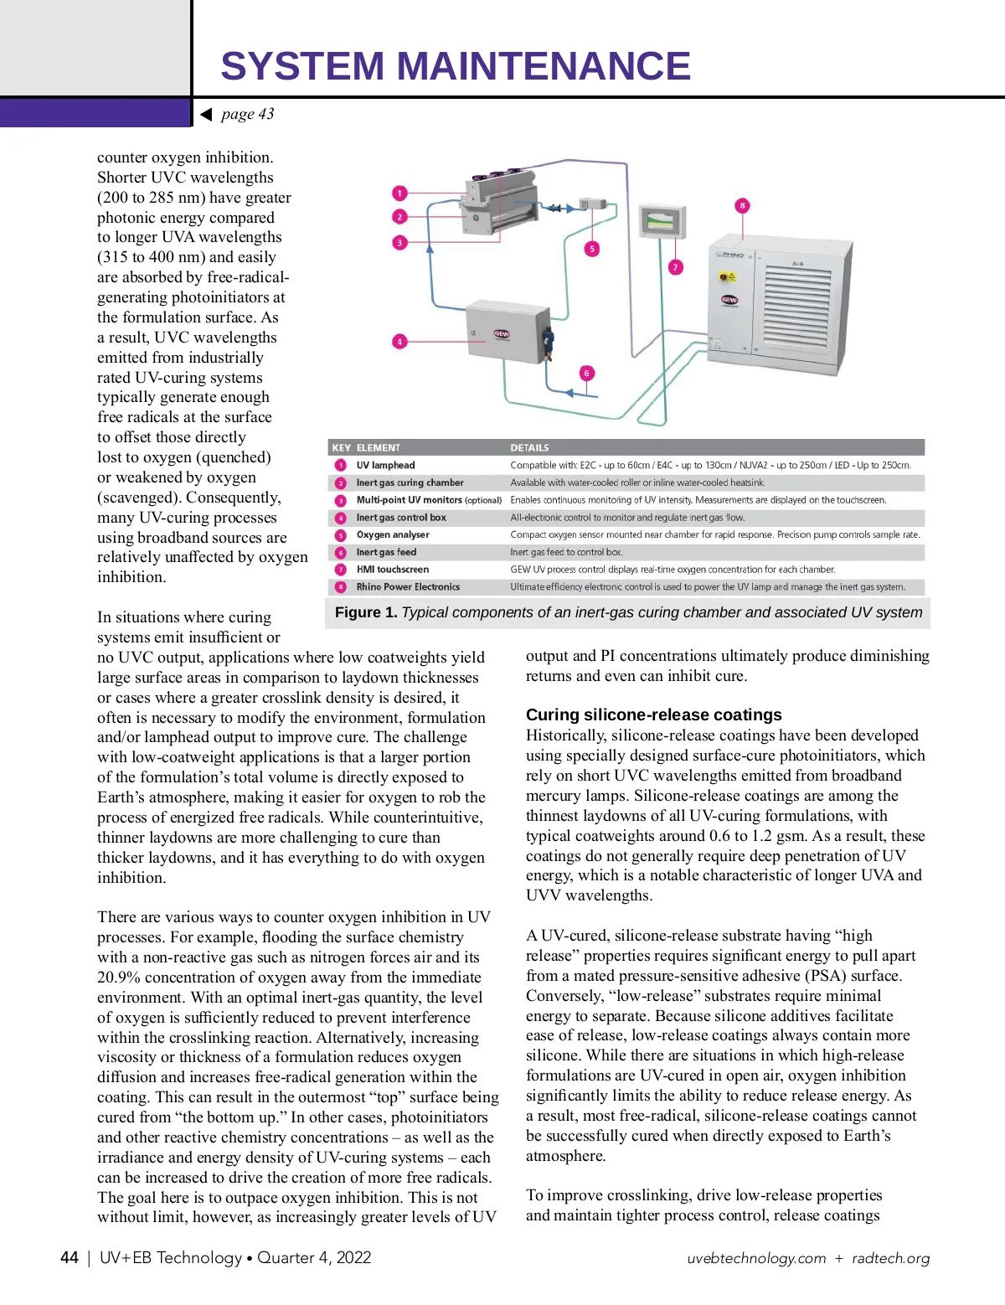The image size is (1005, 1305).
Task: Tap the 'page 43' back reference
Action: pos(247,114)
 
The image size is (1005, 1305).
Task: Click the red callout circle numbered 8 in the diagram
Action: pos(742,205)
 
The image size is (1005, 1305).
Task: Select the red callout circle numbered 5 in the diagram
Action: pos(592,249)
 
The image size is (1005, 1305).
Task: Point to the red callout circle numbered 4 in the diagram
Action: pos(399,342)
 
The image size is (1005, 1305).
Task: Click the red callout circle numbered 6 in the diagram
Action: pos(586,373)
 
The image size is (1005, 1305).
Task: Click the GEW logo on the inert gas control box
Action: pos(502,333)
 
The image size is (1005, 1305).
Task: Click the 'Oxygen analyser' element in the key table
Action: pos(393,534)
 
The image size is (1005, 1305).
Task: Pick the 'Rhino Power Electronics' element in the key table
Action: pos(408,586)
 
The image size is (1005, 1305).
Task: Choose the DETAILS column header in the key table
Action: pos(529,447)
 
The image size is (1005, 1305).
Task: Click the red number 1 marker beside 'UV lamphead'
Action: pos(341,465)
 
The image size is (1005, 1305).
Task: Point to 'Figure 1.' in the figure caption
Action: pos(366,612)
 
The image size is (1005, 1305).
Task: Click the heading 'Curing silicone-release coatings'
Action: pos(653,714)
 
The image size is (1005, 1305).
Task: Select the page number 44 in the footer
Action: pos(70,1257)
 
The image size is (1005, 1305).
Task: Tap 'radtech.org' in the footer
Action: pos(890,1258)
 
